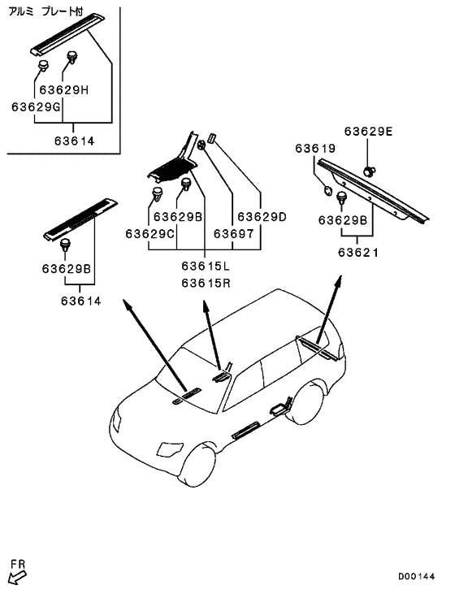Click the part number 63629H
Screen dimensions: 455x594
[63, 90]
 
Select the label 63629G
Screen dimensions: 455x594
[36, 106]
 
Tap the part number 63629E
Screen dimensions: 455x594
[368, 131]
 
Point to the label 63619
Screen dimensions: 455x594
[315, 148]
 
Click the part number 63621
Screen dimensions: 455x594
[358, 252]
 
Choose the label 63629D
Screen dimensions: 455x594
[262, 217]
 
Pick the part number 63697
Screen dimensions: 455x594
[233, 234]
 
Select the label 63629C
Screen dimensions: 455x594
[150, 234]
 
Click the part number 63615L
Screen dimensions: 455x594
[206, 266]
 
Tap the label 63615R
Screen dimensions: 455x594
[206, 283]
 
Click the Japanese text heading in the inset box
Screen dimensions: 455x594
[45, 11]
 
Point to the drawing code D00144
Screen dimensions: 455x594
[416, 577]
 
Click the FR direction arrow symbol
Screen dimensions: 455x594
[17, 577]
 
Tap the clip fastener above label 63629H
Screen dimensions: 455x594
[72, 58]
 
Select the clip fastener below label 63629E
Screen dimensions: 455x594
[370, 171]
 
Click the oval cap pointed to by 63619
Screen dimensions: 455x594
[327, 190]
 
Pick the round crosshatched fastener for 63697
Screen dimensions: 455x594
[201, 145]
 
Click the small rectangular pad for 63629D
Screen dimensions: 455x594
[211, 137]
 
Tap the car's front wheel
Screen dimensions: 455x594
[196, 465]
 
